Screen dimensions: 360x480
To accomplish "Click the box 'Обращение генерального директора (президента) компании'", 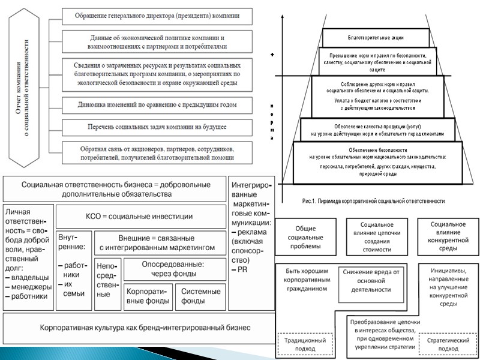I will [157, 14].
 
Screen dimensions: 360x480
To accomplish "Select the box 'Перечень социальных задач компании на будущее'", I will [157, 127].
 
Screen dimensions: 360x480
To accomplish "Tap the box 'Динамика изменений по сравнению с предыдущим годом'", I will [157, 104].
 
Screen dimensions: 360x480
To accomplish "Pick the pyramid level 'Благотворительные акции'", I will [376, 37].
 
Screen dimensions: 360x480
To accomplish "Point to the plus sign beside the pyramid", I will [272, 55].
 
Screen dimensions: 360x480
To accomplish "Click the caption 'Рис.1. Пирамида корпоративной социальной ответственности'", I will [378, 201].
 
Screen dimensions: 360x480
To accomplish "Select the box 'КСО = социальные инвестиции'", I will [139, 217].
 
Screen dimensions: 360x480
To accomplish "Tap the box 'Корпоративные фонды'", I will [148, 296].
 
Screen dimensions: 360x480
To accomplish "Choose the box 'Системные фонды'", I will [200, 296].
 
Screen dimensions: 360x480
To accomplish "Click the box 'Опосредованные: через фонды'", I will [174, 268].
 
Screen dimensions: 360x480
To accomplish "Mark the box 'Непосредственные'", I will [107, 280].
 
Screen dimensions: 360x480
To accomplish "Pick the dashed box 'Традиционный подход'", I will [305, 345].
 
